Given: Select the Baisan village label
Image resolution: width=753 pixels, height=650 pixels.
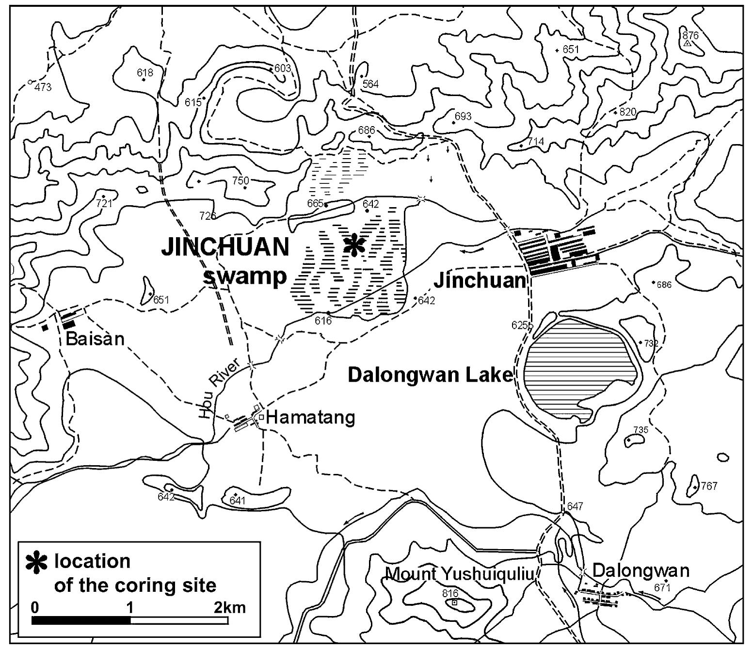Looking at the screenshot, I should pyautogui.click(x=95, y=339).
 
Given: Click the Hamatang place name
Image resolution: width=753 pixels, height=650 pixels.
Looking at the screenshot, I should pyautogui.click(x=310, y=417).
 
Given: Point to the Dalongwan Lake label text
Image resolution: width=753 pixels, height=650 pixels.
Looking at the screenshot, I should pyautogui.click(x=430, y=375).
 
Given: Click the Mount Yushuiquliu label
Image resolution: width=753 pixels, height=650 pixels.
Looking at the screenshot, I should pyautogui.click(x=459, y=574).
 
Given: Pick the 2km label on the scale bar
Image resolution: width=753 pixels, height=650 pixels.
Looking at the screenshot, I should pyautogui.click(x=229, y=607).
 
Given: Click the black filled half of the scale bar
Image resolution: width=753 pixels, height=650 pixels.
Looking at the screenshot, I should pyautogui.click(x=81, y=620).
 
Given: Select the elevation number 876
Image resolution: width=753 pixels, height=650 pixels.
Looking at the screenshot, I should pyautogui.click(x=690, y=35).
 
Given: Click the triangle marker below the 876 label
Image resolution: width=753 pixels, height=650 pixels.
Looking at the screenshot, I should pyautogui.click(x=687, y=44).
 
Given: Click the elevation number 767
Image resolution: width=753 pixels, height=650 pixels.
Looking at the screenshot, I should pyautogui.click(x=708, y=486).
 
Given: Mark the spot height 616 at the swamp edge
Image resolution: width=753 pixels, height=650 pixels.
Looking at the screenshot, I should pyautogui.click(x=323, y=321).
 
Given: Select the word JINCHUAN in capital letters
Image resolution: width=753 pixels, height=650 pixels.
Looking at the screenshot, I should pyautogui.click(x=225, y=247).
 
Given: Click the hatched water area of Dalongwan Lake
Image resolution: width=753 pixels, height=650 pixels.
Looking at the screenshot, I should pyautogui.click(x=577, y=369).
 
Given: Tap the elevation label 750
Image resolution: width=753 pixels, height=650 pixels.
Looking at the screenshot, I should pyautogui.click(x=240, y=181).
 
